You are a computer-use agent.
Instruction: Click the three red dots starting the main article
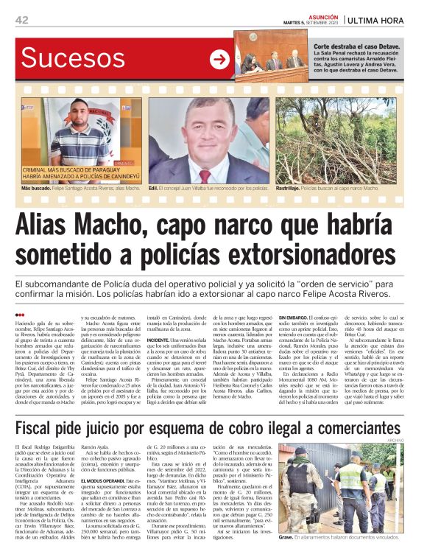coord(20,315)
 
